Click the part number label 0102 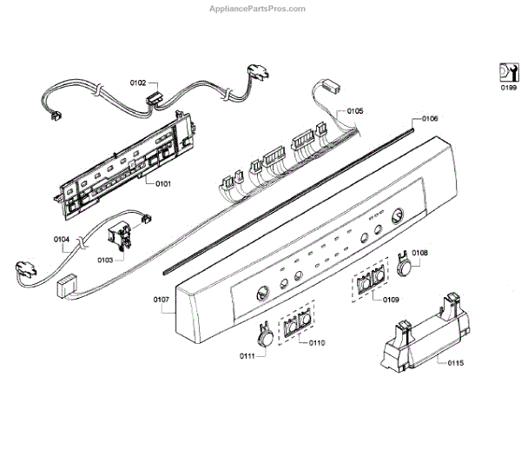tap(138, 83)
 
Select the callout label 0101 tap(163, 183)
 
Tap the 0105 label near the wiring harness tap(356, 111)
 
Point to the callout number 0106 tap(431, 117)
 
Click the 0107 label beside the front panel tap(162, 300)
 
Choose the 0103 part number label tap(105, 260)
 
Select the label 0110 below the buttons tap(316, 343)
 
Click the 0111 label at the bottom tap(248, 356)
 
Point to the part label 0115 tap(456, 362)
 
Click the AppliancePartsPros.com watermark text tap(259, 9)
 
